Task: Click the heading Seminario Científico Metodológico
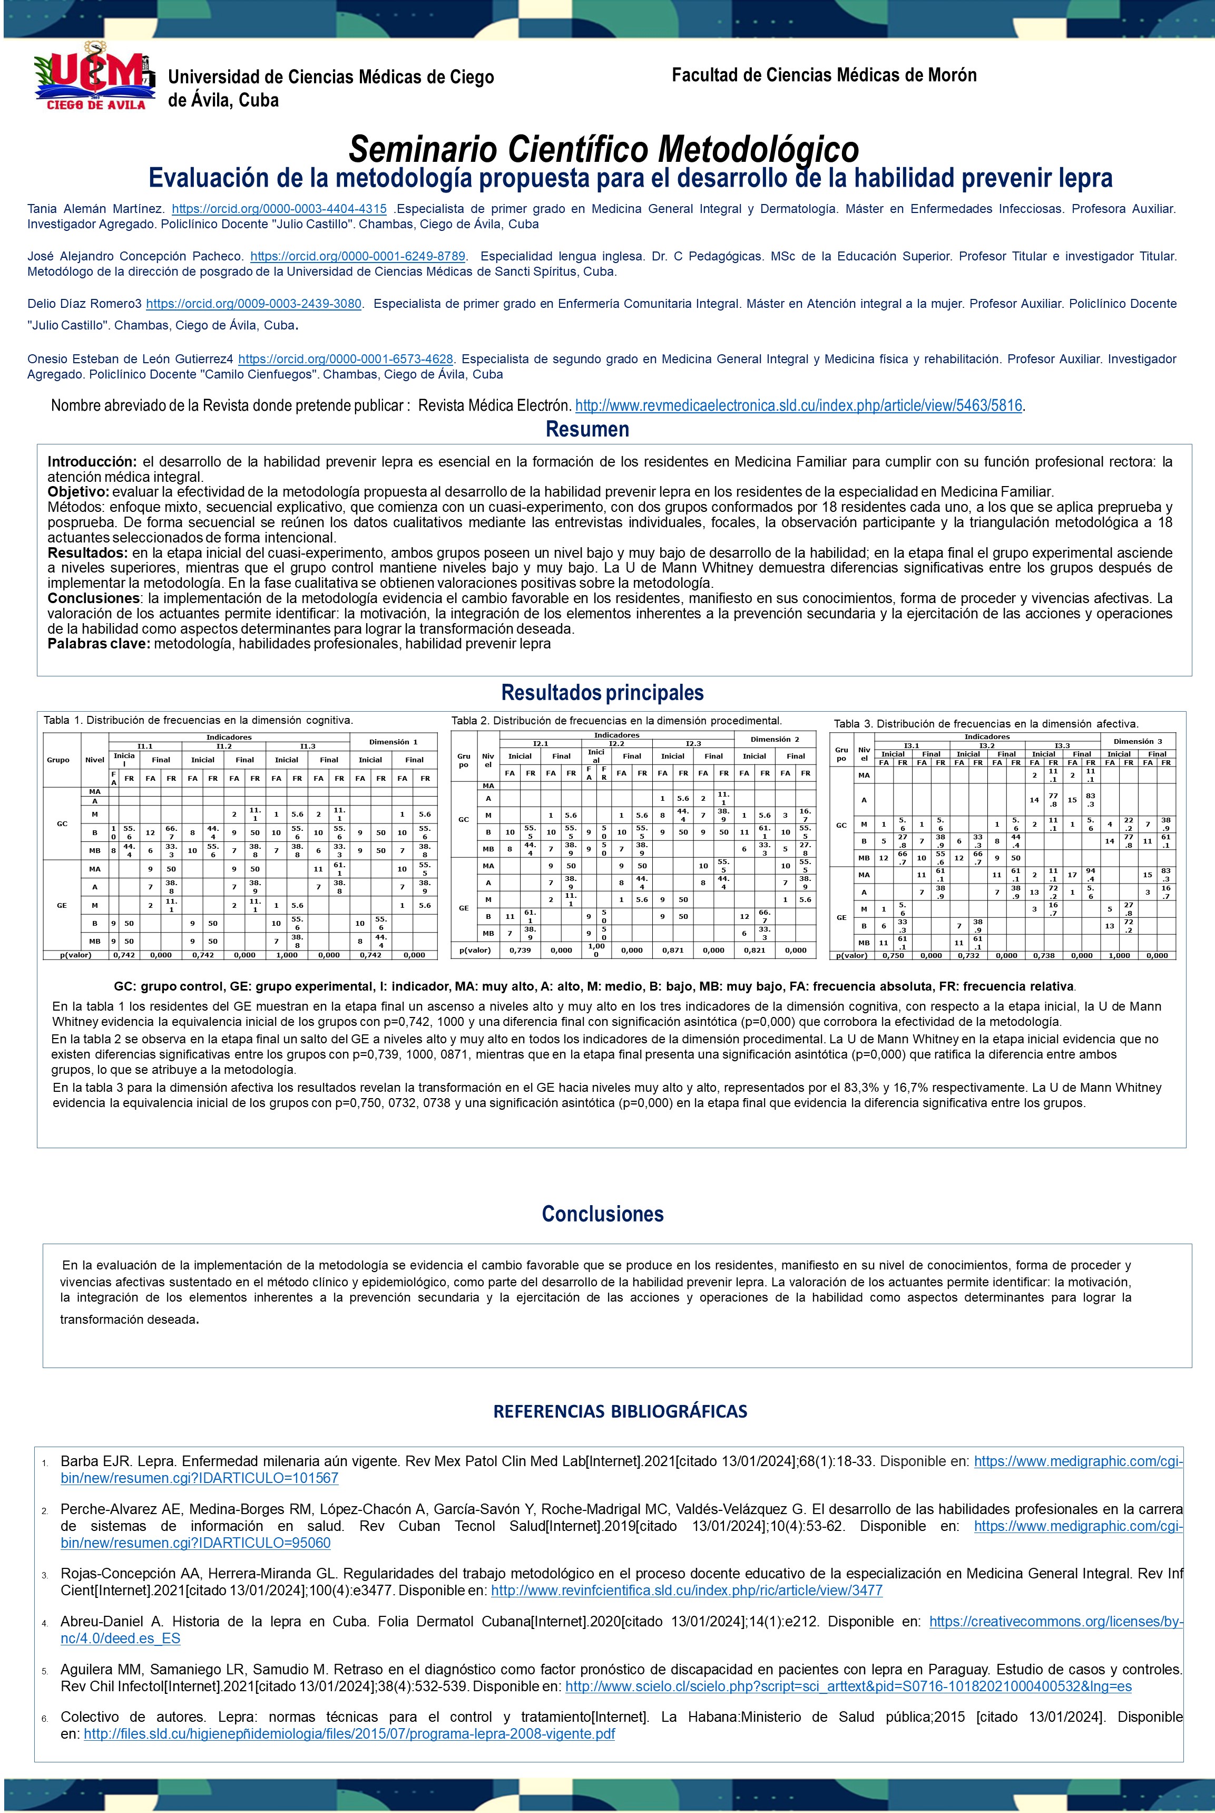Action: tap(604, 147)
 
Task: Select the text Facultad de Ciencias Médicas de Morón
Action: tap(824, 75)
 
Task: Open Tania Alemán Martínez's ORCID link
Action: tap(279, 209)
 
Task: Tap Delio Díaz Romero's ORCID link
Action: tap(253, 304)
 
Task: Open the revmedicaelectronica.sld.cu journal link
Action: tap(799, 405)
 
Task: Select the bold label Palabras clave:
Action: tap(99, 643)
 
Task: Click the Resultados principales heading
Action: tap(602, 692)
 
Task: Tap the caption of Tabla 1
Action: tap(198, 720)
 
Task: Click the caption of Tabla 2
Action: tap(616, 721)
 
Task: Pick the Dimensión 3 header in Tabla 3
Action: tap(1138, 742)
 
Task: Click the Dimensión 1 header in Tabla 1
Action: tap(393, 742)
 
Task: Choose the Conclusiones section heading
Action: tap(602, 1214)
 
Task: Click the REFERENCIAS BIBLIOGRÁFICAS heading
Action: tap(620, 1411)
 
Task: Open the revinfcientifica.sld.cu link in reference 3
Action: tap(687, 1591)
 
